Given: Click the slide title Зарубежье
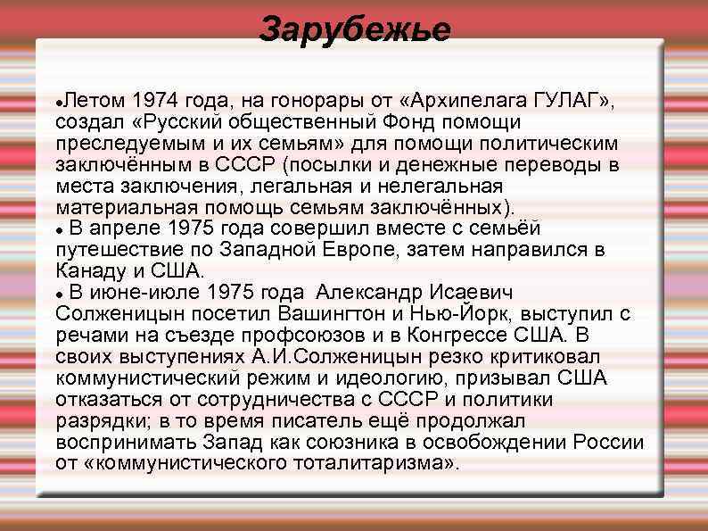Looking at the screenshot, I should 355,29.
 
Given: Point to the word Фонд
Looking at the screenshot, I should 378,120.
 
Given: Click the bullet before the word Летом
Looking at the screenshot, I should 58,98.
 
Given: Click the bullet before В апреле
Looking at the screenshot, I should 58,230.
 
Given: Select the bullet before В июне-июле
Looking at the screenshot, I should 58,294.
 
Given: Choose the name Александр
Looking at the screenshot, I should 367,293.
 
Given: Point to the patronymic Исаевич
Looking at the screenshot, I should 473,293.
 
